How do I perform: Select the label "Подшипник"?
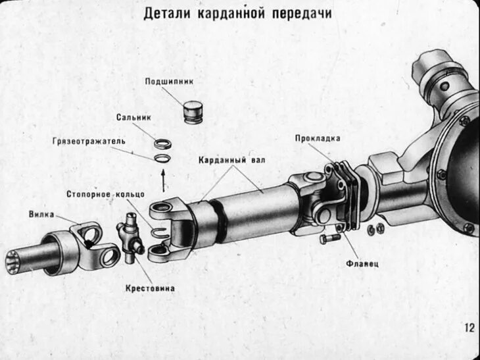(x=169, y=82)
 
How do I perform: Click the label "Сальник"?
(x=134, y=118)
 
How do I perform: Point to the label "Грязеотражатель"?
(x=89, y=141)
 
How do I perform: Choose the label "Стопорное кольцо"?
(x=100, y=194)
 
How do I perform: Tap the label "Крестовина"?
(x=150, y=288)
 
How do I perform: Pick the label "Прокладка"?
(x=318, y=138)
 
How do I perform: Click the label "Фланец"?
(x=362, y=263)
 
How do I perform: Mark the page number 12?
(x=469, y=327)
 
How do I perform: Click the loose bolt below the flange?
(x=327, y=239)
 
